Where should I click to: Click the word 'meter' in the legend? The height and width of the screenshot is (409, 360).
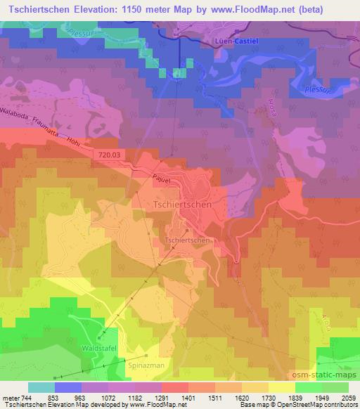(x=10, y=398)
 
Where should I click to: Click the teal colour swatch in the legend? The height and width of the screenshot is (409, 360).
(x=41, y=387)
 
